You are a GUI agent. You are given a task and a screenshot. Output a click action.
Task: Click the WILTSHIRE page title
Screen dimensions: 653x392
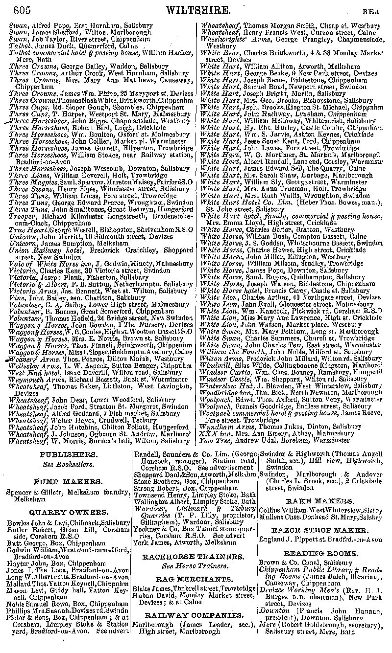(198, 9)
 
